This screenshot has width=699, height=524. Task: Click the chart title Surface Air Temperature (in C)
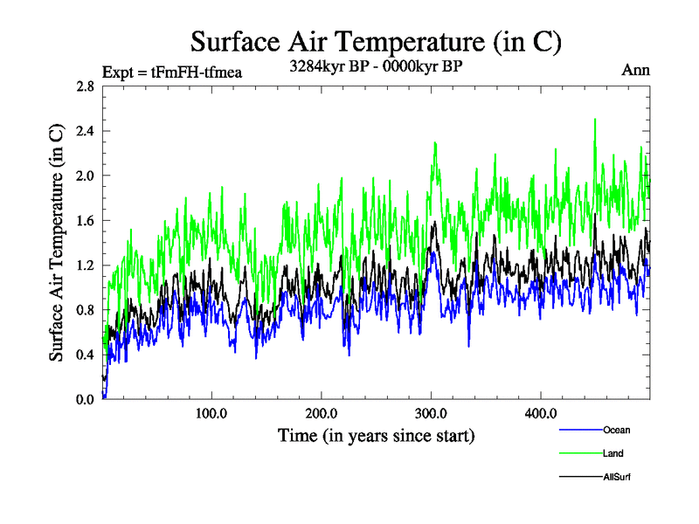375,41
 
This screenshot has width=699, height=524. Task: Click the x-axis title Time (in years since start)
377,434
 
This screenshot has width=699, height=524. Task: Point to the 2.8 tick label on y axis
85,86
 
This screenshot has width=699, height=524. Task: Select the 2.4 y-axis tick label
85,131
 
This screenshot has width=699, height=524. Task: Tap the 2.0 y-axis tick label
85,176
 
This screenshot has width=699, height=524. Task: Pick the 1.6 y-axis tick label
85,221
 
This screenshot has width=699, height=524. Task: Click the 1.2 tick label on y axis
85,265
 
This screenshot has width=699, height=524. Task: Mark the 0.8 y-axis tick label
85,310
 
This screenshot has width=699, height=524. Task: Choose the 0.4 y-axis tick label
85,355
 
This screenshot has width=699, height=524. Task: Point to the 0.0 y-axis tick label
85,399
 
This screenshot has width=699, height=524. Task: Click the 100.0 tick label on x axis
211,413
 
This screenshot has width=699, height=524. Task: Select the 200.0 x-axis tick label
322,413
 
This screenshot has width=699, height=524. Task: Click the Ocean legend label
616,430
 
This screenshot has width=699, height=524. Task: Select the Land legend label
612,453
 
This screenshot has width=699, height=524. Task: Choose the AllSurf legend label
617,477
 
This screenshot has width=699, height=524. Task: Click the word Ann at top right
635,70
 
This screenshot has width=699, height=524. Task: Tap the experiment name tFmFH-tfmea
203,72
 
